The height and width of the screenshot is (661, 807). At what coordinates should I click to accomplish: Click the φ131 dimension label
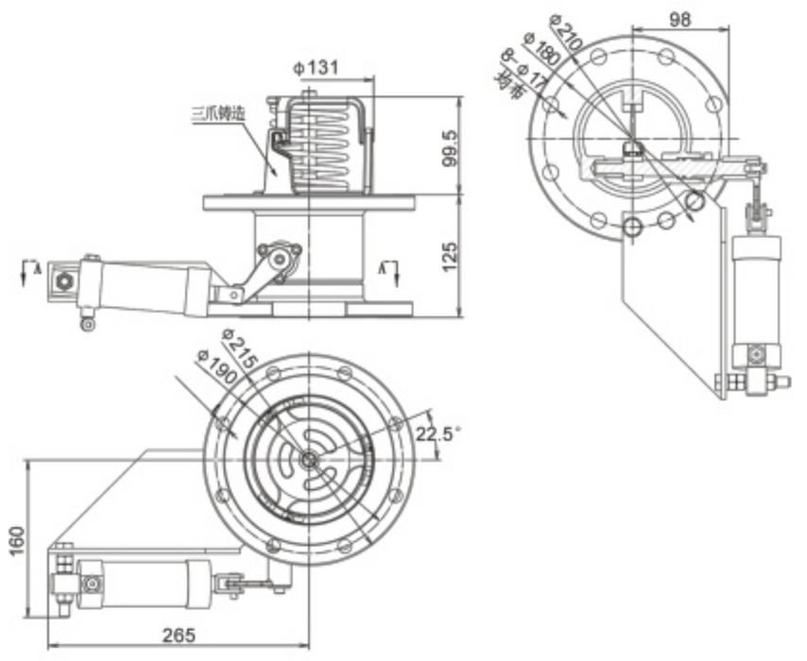[x=316, y=69]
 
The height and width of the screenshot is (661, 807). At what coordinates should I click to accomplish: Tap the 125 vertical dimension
[x=452, y=254]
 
